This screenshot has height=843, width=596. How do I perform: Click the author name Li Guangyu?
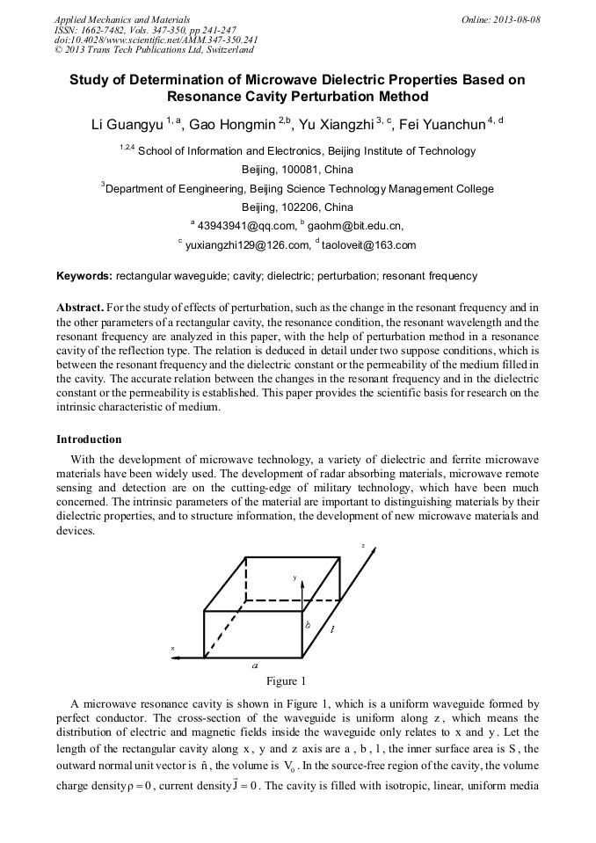[x=127, y=125]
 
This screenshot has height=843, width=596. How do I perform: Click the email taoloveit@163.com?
[x=368, y=245]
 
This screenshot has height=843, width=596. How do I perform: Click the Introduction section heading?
[x=89, y=439]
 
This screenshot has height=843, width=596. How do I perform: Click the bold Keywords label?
[x=84, y=276]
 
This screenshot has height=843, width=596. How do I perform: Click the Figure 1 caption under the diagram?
[x=286, y=681]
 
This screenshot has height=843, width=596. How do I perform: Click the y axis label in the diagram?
[x=294, y=578]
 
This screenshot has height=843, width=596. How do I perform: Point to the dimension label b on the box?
[x=308, y=625]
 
